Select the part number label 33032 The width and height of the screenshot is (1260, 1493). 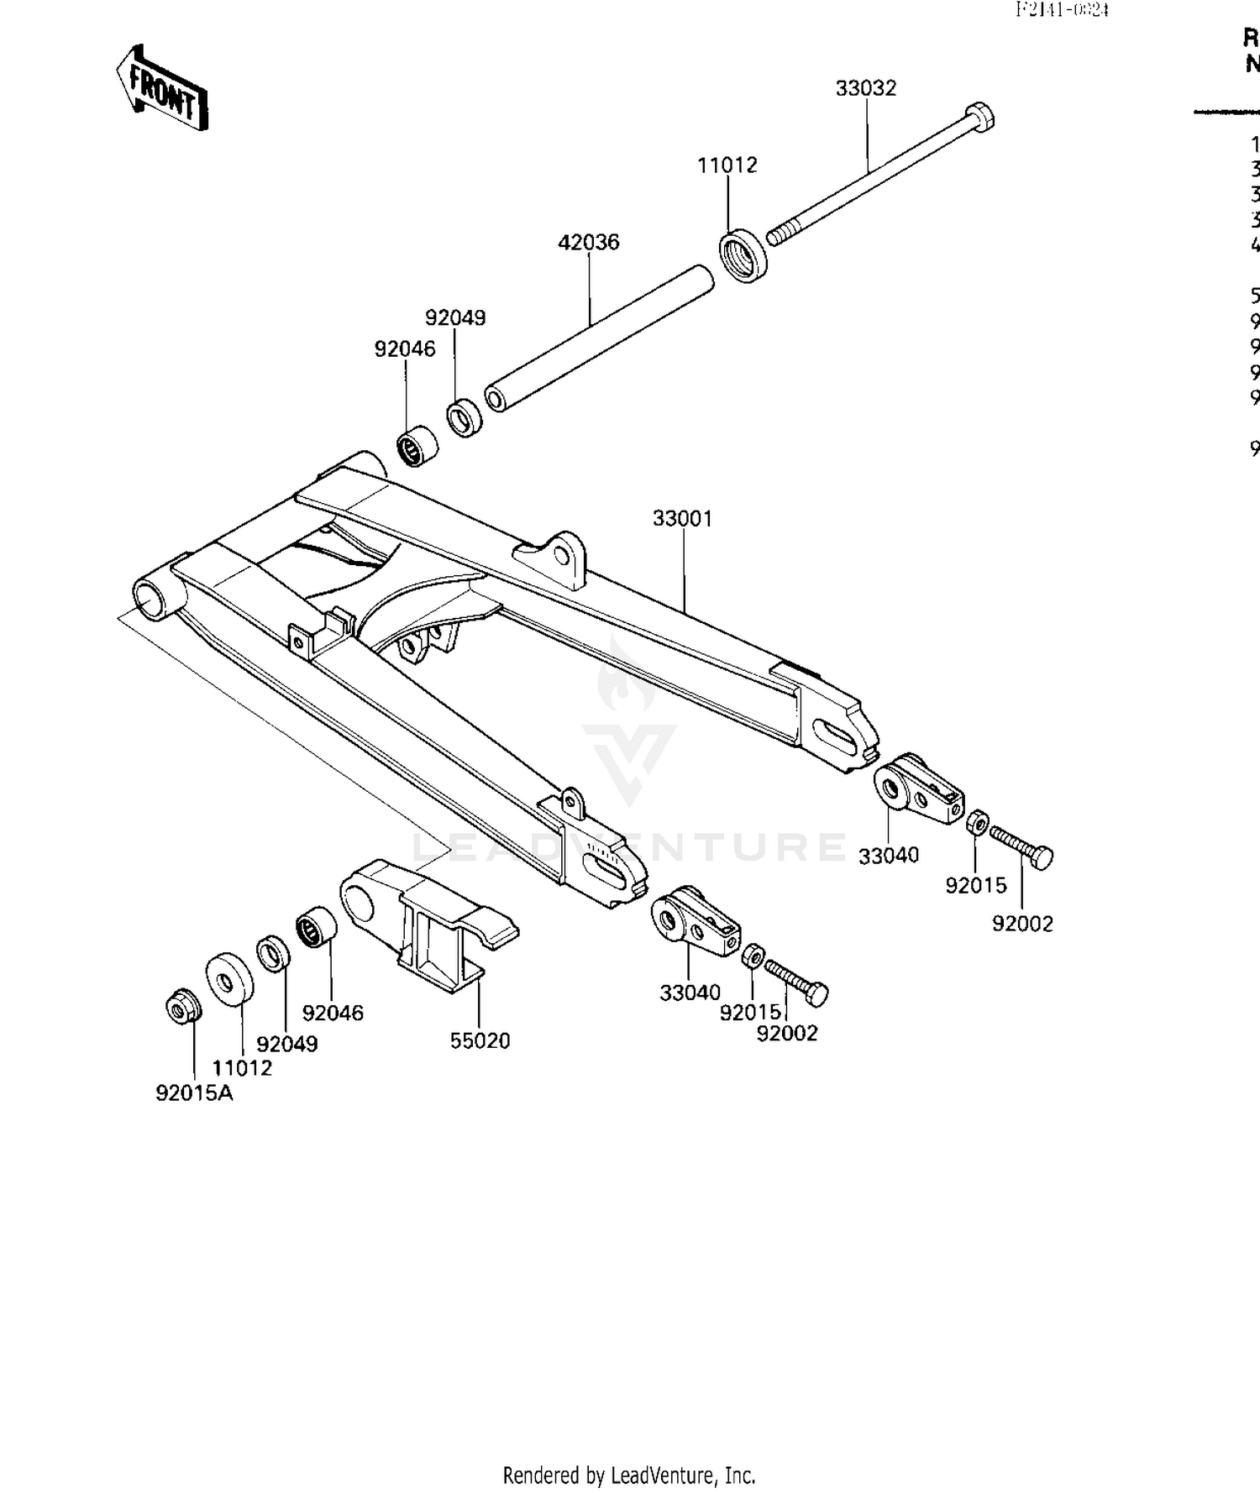865,88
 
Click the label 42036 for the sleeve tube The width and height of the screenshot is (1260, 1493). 588,243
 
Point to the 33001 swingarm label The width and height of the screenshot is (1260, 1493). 682,519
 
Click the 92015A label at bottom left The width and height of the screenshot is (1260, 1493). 194,1093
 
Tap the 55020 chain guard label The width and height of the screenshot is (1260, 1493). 480,1041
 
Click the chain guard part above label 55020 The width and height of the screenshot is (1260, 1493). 428,924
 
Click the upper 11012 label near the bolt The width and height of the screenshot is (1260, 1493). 727,165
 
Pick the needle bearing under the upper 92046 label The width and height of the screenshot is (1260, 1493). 416,448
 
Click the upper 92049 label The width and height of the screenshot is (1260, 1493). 454,318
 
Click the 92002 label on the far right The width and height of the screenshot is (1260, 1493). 1021,924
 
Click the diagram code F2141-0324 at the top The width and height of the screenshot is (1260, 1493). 1062,10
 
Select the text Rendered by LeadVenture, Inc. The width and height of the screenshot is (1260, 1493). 629,1475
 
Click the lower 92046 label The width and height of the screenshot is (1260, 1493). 333,1014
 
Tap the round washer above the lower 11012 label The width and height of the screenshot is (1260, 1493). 229,978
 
